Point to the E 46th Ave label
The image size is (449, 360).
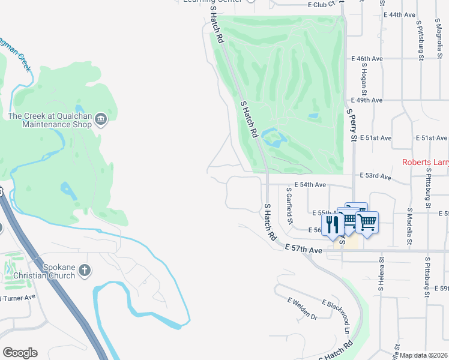point(366,59)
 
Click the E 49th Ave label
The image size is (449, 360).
point(366,100)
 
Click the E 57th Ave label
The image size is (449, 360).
point(304,248)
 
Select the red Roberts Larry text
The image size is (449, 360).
point(425,162)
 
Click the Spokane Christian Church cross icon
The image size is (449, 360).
point(85,270)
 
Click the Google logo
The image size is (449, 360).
point(20,353)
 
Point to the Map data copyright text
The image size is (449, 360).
point(424,355)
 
